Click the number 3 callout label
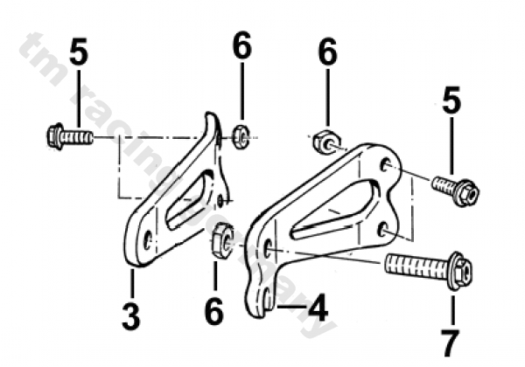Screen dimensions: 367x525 130,315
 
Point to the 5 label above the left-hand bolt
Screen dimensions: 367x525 79,53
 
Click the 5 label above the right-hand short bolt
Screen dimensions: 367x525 451,102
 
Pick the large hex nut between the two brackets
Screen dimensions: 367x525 221,239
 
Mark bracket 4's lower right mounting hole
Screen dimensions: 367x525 383,228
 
